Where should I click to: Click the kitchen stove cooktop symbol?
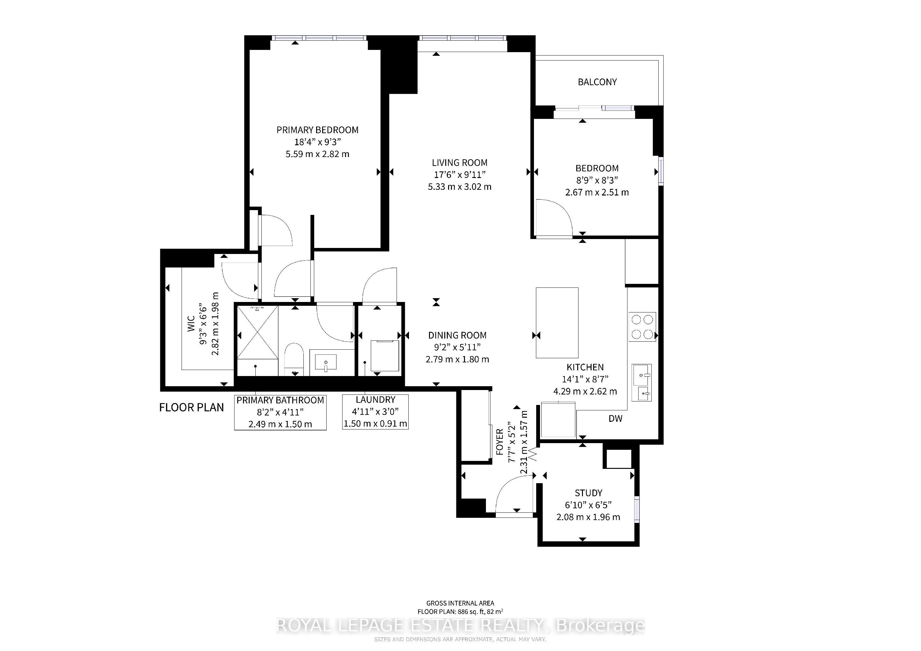click(642, 327)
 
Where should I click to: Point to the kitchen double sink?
click(641, 382)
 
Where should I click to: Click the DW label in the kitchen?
click(615, 419)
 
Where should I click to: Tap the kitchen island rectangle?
click(557, 322)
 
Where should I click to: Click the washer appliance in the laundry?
click(384, 356)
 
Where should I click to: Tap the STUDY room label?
click(588, 493)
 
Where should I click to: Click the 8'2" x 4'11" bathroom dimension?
click(280, 412)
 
